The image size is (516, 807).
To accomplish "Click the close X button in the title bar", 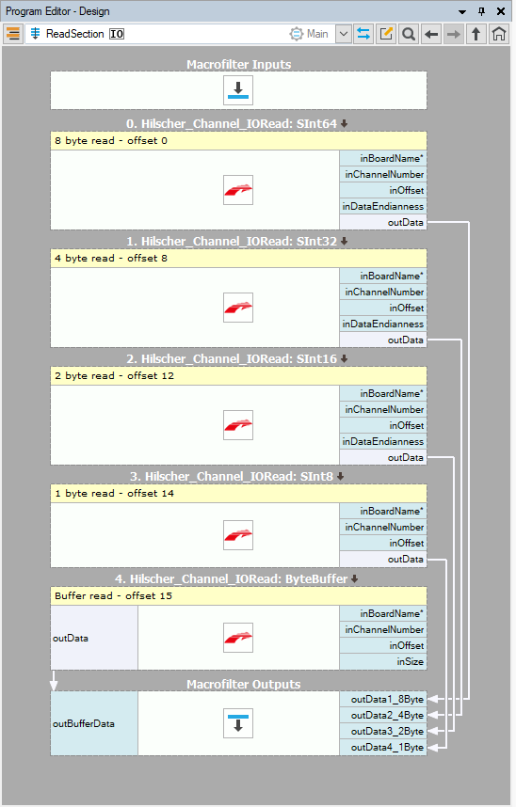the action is pos(501,11).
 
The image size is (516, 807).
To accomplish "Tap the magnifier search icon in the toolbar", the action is pos(409,34).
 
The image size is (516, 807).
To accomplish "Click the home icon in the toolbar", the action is pos(498,34).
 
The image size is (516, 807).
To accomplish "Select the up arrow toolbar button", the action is pos(476,34).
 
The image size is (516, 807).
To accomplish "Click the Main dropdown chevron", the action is pos(344,34).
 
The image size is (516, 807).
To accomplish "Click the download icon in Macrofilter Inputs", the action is pos(238,90).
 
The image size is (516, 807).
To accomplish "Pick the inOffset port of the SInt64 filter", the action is pos(383,190).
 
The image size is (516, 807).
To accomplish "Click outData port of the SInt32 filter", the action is pos(383,340).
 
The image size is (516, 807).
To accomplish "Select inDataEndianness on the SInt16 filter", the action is pos(383,441).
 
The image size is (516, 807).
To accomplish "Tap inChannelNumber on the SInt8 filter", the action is pos(383,527).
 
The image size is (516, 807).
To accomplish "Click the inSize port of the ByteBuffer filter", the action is pos(383,661).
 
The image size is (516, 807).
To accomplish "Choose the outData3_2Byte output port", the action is pos(383,732).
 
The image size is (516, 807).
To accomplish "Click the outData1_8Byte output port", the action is pos(383,700).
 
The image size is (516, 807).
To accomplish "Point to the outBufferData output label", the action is pos(84,723).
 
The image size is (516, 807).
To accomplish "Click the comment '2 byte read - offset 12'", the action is pos(115,375).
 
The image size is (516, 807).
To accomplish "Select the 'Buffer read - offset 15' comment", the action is pos(113,596).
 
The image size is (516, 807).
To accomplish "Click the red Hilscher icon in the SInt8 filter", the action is pos(238,535).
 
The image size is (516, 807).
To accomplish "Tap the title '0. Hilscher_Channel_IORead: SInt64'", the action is pos(232,124).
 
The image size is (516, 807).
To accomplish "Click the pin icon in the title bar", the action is pos(481,11).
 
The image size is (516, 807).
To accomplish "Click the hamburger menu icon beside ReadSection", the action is pos(13,34).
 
